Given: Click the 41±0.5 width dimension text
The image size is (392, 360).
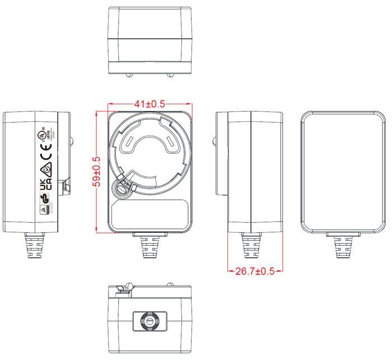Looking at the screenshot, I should pos(150,104).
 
